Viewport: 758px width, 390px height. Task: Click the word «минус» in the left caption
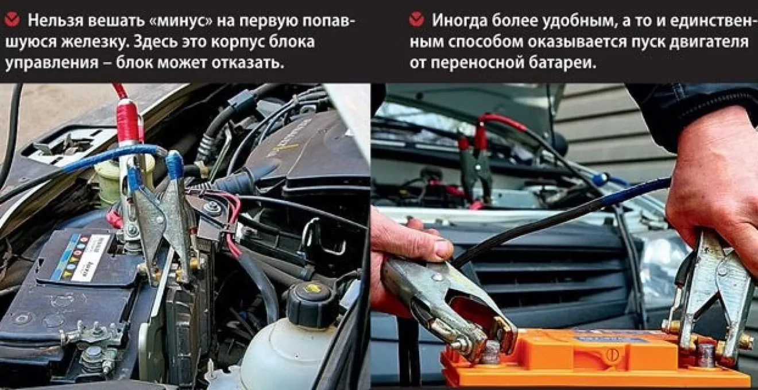pos(180,21)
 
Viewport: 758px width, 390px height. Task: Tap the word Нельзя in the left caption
pos(56,21)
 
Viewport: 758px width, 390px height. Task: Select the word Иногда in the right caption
pos(459,21)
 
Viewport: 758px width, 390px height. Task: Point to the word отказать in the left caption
pos(247,63)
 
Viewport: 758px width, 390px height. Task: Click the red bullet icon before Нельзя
pos(13,20)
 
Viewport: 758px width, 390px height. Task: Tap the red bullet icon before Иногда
pos(416,20)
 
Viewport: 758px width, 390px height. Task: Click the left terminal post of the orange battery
pos(490,352)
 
